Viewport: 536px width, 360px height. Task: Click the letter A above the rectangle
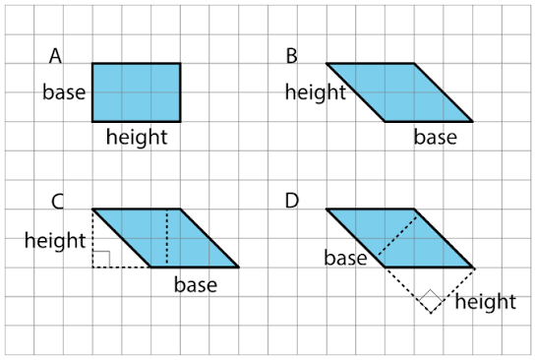55,56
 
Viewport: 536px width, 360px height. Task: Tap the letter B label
291,56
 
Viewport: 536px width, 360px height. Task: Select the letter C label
57,202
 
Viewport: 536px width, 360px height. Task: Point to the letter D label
292,201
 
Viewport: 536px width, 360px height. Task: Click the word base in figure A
64,92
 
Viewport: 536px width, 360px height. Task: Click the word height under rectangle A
137,137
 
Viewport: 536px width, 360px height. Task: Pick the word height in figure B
316,92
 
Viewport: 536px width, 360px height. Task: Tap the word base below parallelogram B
436,137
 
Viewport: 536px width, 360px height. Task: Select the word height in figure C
55,240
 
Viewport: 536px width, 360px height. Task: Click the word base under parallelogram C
196,285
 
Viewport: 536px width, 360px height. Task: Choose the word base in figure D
345,258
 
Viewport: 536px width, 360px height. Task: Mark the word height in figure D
486,302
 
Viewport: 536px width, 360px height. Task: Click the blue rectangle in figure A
137,92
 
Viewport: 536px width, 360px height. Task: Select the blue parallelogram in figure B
399,92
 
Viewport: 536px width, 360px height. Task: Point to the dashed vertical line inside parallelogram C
167,237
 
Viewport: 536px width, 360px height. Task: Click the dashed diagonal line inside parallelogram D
397,235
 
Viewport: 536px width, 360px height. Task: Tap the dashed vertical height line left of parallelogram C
92,238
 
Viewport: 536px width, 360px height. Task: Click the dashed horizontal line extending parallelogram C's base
122,267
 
